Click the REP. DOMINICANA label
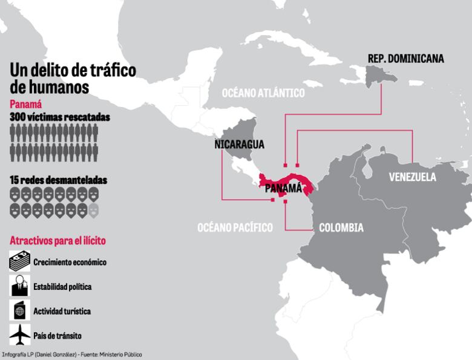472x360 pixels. (x=405, y=59)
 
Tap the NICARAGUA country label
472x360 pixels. (x=240, y=145)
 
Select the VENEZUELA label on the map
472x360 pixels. (x=412, y=177)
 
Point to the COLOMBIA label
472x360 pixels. (x=341, y=228)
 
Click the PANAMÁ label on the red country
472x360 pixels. (x=283, y=188)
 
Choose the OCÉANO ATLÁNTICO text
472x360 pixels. (x=263, y=93)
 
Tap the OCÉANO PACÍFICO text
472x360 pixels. (x=235, y=227)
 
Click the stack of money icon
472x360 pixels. (x=19, y=261)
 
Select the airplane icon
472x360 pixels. (x=19, y=334)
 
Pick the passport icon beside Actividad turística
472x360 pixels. (x=19, y=310)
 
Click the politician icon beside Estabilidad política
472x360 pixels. (x=19, y=286)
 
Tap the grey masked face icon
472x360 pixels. (x=93, y=211)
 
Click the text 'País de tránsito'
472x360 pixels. (x=57, y=335)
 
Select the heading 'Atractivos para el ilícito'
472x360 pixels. (x=57, y=241)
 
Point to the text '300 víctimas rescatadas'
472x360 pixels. (x=60, y=117)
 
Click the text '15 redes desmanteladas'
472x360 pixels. (x=58, y=180)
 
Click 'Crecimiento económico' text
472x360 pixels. (x=70, y=263)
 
